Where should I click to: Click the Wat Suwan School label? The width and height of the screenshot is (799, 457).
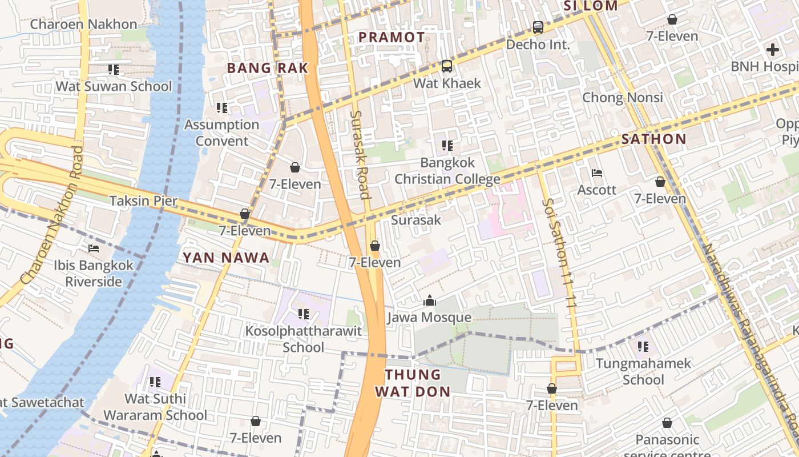click(113, 86)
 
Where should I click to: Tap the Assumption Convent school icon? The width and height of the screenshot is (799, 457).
click(222, 107)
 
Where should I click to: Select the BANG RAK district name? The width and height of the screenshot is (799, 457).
click(267, 68)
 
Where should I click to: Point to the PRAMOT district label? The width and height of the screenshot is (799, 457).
click(392, 38)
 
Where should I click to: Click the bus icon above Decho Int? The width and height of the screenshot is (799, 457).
click(538, 27)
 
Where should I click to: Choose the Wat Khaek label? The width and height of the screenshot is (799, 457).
click(447, 83)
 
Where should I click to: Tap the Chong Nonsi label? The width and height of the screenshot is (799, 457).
click(622, 97)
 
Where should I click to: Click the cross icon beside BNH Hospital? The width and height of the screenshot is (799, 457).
click(772, 50)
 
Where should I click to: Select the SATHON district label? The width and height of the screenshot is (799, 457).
click(653, 139)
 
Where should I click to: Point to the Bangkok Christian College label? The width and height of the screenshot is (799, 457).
click(447, 171)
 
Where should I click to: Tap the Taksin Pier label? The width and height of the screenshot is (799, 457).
click(143, 201)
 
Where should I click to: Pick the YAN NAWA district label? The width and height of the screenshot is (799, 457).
click(226, 258)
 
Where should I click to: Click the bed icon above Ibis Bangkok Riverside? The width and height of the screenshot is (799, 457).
click(94, 248)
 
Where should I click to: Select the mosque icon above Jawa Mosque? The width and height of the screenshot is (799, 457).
click(429, 300)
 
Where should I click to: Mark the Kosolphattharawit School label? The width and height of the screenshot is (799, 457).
click(304, 339)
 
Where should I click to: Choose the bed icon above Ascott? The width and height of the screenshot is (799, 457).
click(597, 173)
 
